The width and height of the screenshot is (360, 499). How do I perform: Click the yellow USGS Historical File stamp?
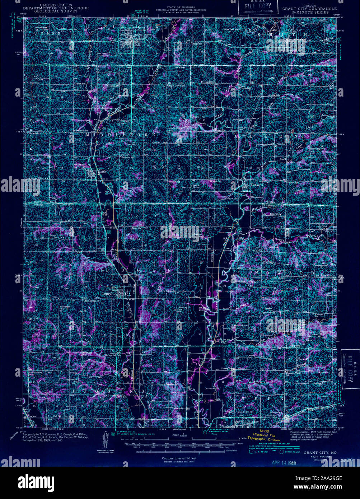coord(268,437)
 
